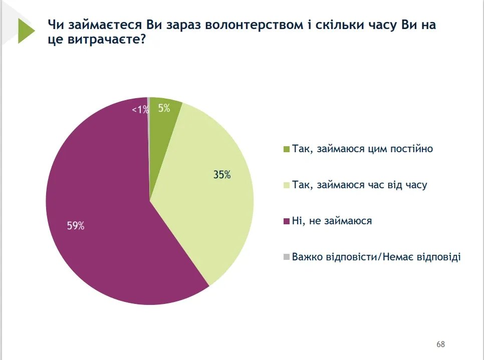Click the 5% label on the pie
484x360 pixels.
tap(164, 107)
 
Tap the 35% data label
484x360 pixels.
tap(221, 175)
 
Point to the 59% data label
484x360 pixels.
tap(76, 226)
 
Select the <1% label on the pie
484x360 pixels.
tap(140, 110)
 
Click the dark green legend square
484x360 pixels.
tap(287, 150)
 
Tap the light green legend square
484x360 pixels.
tap(287, 186)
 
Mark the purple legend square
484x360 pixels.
tap(287, 221)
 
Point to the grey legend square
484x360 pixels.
tap(287, 257)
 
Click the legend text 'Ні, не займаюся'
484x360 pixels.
tap(332, 221)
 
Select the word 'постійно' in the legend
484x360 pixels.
tap(413, 149)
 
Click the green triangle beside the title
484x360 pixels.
tap(25, 31)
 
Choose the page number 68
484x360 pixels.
tap(440, 344)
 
